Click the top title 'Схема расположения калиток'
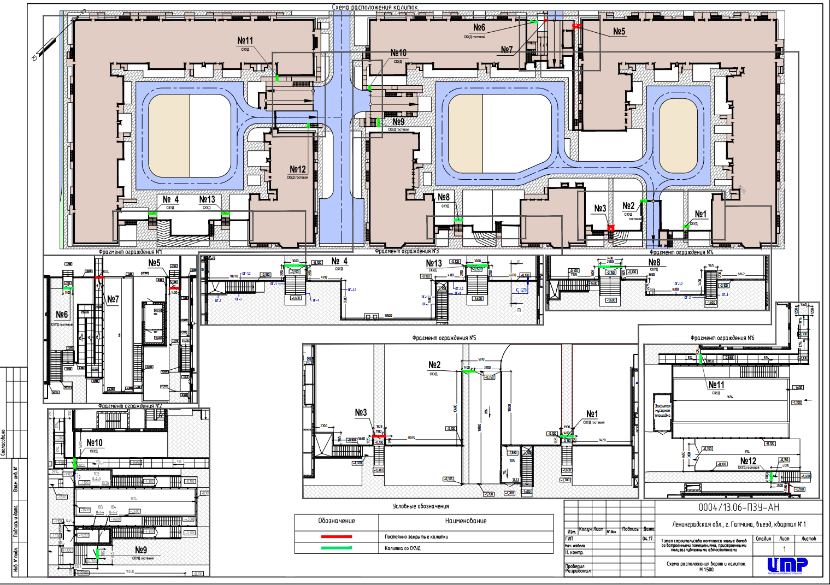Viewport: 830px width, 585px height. pyautogui.click(x=375, y=7)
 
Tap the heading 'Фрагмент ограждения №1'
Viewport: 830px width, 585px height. pyautogui.click(x=130, y=252)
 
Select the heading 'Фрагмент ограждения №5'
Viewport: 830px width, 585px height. pyautogui.click(x=444, y=338)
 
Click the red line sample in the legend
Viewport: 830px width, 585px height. pyautogui.click(x=337, y=537)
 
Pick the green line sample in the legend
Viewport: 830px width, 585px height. pyautogui.click(x=337, y=548)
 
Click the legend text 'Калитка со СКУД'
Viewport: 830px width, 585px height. pyautogui.click(x=403, y=548)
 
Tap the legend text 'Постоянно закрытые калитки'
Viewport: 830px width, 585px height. pyautogui.click(x=416, y=537)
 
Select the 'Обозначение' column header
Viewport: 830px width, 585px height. pyautogui.click(x=337, y=521)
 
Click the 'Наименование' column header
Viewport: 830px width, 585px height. pyautogui.click(x=466, y=521)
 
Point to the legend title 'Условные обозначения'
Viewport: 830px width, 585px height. pyautogui.click(x=420, y=506)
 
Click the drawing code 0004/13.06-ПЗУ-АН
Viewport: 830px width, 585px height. pyautogui.click(x=739, y=507)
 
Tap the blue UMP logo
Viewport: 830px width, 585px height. pyautogui.click(x=787, y=565)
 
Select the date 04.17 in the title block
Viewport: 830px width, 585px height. pyautogui.click(x=648, y=539)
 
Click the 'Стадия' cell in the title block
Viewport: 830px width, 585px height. pyautogui.click(x=763, y=539)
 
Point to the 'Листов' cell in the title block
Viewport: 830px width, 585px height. pyautogui.click(x=808, y=539)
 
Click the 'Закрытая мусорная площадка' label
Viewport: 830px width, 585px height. pyautogui.click(x=662, y=411)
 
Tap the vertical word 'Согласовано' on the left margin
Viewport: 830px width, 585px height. pyautogui.click(x=3, y=442)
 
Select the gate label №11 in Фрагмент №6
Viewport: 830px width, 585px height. pyautogui.click(x=716, y=385)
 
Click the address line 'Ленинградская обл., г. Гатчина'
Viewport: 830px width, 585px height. pyautogui.click(x=739, y=524)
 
